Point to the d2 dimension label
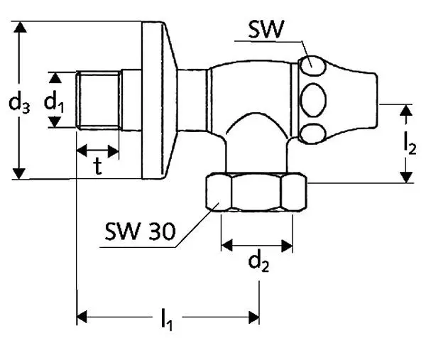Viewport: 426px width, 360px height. [258, 263]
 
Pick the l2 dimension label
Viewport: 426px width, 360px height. [409, 142]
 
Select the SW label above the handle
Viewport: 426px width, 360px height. [267, 29]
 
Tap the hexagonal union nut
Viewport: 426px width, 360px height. [256, 194]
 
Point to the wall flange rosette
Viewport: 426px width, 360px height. [157, 99]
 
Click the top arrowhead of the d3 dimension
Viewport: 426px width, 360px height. [21, 28]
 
